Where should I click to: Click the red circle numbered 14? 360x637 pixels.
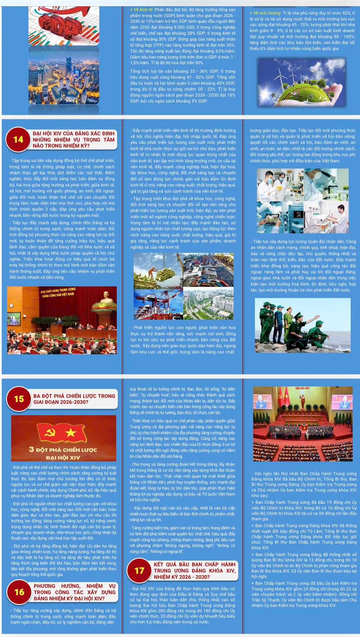tap(18, 140)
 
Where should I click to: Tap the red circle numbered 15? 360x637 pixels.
tap(19, 399)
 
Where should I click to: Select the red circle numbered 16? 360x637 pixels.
tap(19, 592)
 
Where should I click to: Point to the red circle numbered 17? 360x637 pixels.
tap(139, 571)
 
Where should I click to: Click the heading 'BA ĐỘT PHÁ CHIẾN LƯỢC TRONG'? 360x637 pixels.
tap(74, 396)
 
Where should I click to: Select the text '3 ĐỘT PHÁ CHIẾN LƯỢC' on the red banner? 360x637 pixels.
tap(63, 450)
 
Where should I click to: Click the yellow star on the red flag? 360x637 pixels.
tap(71, 433)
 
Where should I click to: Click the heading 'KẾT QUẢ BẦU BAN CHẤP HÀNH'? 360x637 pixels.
tap(194, 564)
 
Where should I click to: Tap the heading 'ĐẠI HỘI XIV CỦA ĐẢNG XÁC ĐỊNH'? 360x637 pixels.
tap(73, 134)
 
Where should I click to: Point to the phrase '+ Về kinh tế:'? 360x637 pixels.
tap(141, 10)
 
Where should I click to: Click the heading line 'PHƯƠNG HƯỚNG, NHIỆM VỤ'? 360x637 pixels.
tap(75, 586)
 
